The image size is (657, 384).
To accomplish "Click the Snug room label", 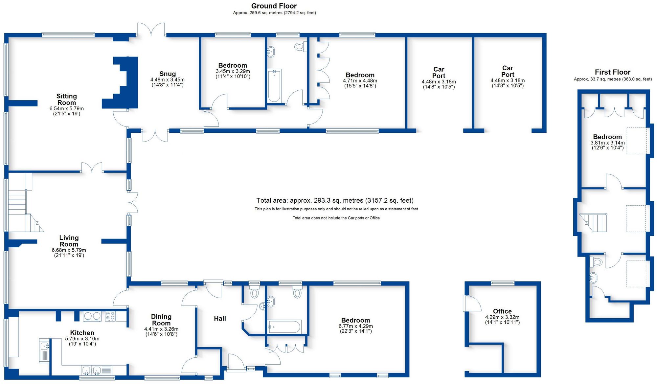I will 168,74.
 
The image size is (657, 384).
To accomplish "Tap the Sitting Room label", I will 67,99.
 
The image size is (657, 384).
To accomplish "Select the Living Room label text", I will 69,241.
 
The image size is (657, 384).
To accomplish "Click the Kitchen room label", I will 82,333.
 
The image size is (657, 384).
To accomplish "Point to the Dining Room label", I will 161,320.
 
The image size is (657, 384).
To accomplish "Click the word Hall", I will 220,318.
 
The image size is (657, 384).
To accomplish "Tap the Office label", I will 502,311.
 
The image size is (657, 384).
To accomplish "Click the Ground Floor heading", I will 274,6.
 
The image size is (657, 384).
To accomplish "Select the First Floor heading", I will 613,72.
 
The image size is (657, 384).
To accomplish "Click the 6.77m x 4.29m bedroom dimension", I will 356,326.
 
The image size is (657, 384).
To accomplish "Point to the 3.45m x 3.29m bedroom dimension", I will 233,71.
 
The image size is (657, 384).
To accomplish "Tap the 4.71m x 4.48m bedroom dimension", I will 360,81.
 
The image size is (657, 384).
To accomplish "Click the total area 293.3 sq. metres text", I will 335,200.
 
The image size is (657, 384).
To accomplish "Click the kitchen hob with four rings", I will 110,316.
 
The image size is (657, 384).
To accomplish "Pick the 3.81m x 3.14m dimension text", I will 607,143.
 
